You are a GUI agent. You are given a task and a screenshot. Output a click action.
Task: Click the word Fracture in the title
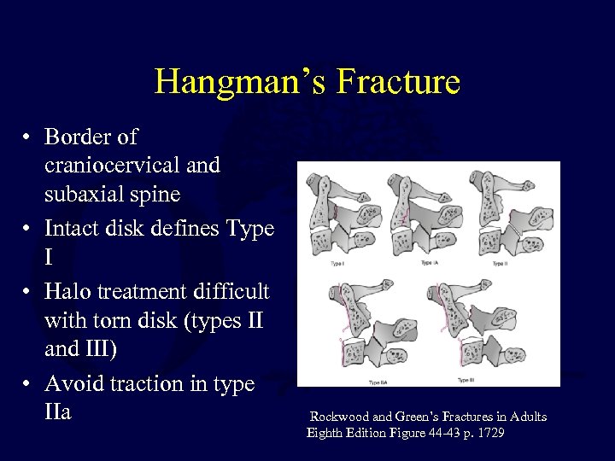399,82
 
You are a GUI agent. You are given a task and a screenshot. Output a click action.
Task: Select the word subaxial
80,194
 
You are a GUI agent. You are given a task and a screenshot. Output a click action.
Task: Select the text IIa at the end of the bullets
59,412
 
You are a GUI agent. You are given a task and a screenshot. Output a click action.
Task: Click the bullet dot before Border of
28,137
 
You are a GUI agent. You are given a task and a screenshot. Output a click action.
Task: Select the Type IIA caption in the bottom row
378,382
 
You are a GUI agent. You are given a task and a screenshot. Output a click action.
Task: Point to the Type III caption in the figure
468,380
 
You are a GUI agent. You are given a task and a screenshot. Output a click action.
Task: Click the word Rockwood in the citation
339,417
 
